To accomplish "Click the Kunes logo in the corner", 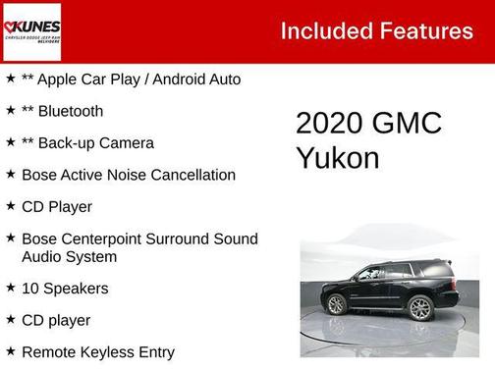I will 31,31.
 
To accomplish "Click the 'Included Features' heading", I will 376,30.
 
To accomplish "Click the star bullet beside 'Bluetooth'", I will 10,110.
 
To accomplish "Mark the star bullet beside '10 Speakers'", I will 10,288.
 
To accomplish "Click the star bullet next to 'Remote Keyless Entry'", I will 10,350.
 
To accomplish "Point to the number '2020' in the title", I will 329,124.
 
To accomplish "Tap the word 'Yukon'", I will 338,158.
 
